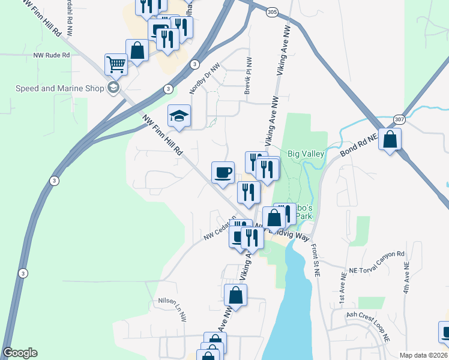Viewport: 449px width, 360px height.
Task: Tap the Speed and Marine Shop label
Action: coord(60,88)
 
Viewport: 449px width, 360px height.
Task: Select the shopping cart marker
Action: coord(116,64)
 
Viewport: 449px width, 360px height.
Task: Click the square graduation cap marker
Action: coord(179,116)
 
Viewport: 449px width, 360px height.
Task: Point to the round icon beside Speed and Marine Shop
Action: coord(113,88)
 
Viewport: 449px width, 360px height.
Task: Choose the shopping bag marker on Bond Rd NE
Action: coord(390,140)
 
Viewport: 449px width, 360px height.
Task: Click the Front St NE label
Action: coord(316,259)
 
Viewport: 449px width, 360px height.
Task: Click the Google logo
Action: coord(20,353)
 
